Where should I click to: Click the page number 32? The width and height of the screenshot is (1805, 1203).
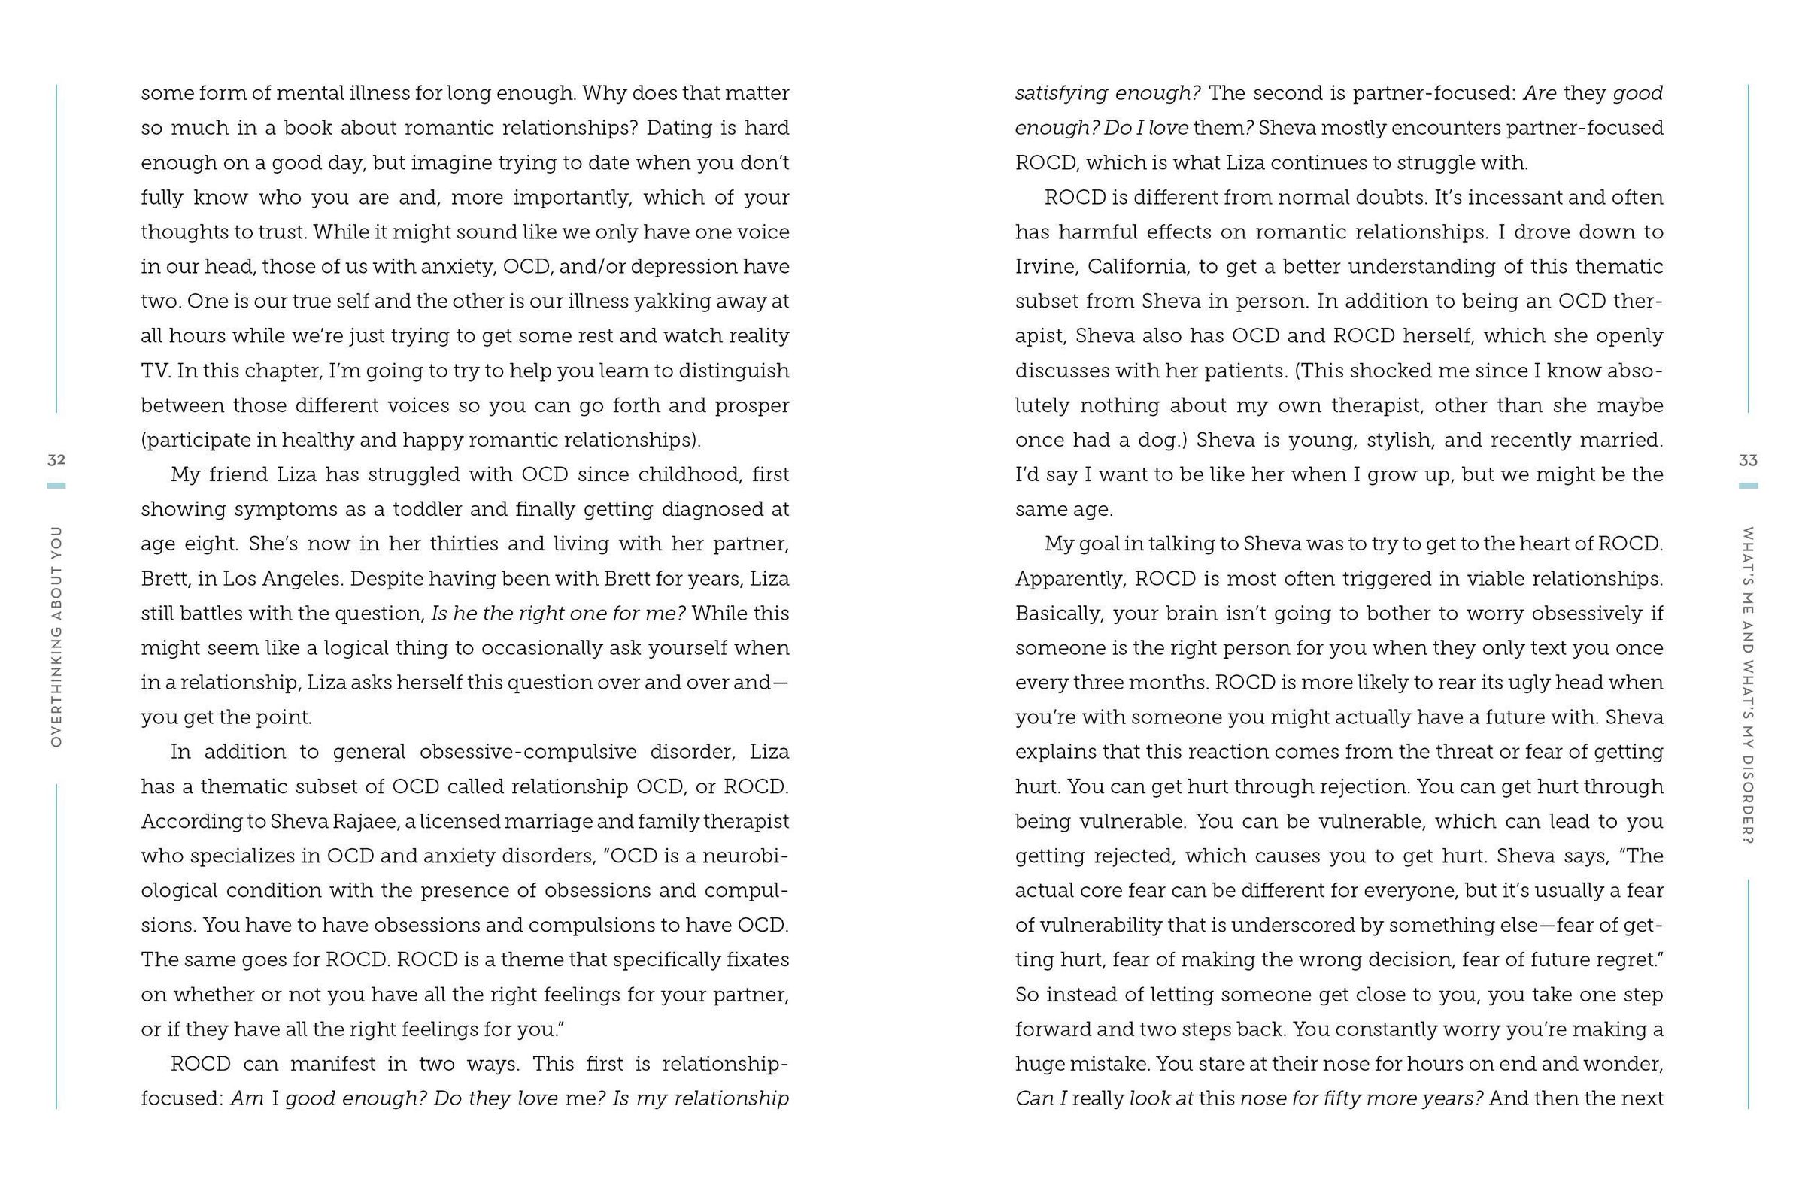pos(56,460)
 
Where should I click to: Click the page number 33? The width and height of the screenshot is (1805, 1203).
pos(1748,460)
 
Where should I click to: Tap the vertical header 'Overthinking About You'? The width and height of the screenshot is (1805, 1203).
pos(56,637)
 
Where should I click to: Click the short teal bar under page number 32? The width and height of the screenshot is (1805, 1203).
pos(56,486)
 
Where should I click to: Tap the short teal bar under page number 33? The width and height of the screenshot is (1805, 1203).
pos(1748,486)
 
